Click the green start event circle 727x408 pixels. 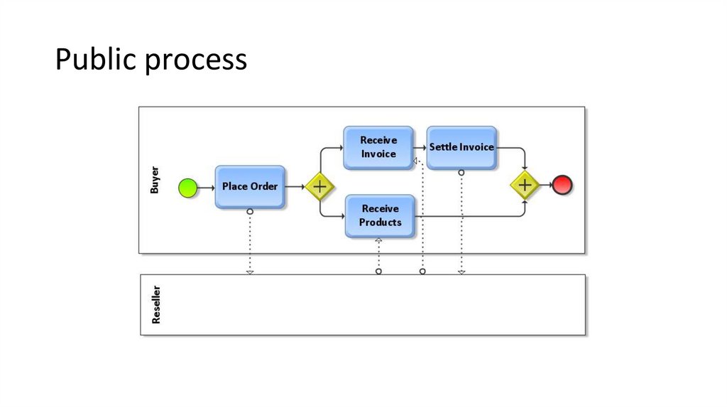click(x=187, y=187)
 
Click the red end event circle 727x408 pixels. click(x=562, y=185)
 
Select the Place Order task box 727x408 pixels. click(x=250, y=187)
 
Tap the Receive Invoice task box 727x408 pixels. click(x=378, y=147)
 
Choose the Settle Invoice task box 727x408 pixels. click(x=461, y=147)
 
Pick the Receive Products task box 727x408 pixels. click(x=380, y=215)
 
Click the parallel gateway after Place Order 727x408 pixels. click(x=319, y=187)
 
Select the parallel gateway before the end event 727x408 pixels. click(x=525, y=185)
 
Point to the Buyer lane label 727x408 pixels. click(x=155, y=180)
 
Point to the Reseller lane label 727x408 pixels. click(x=156, y=305)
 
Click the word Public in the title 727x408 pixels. click(x=96, y=60)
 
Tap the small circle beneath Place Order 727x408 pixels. click(x=250, y=212)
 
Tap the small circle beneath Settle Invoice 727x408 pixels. click(x=461, y=172)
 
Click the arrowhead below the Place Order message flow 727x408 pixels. click(x=250, y=271)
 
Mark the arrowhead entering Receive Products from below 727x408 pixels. click(x=378, y=241)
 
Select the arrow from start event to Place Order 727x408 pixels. click(x=206, y=187)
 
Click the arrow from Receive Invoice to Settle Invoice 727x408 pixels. click(x=420, y=148)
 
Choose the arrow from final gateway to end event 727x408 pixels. click(x=545, y=185)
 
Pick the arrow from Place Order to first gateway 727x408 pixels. click(x=295, y=187)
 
